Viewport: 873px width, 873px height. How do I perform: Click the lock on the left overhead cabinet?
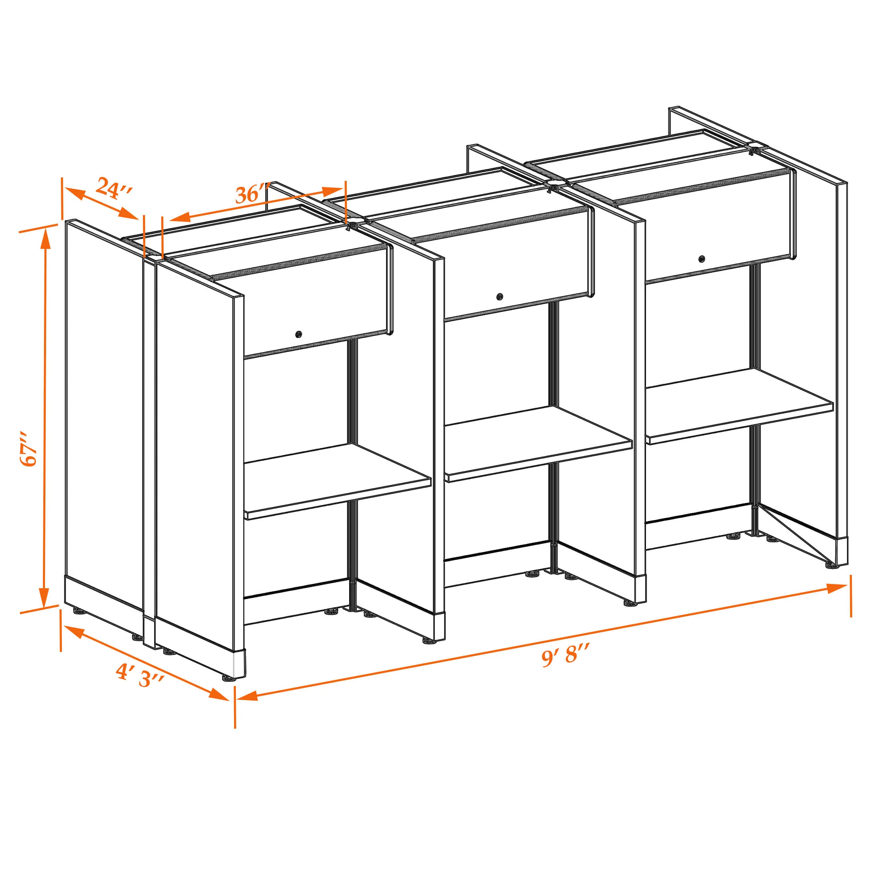tap(298, 334)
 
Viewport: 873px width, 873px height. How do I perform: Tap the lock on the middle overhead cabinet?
tap(499, 297)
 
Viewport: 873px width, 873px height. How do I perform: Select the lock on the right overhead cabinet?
tap(701, 259)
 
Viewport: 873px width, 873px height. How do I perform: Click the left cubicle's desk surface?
tap(337, 481)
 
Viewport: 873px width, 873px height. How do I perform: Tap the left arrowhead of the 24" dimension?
tap(74, 193)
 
